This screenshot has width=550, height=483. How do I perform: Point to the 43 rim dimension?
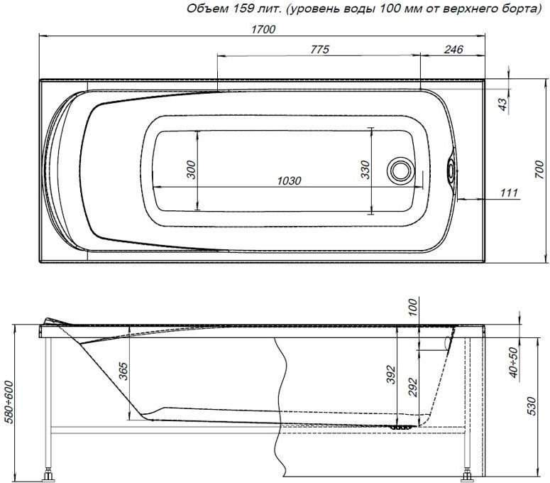coord(502,104)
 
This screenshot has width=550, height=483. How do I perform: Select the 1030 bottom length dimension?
coord(286,180)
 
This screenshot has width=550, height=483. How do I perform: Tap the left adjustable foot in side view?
coord(49,472)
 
